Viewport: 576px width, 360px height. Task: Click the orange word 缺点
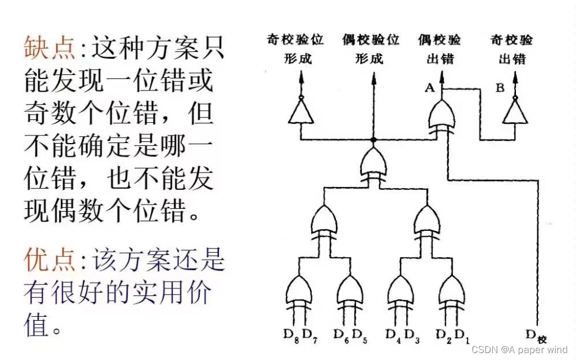coord(50,48)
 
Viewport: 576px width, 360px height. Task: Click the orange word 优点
coord(50,261)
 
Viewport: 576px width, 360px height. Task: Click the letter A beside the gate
coord(429,88)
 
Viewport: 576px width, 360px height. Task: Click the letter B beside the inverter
coord(500,88)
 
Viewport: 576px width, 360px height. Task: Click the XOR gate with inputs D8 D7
coord(300,291)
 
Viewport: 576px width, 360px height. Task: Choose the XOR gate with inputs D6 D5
coord(350,291)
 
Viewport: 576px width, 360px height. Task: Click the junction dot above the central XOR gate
coord(373,140)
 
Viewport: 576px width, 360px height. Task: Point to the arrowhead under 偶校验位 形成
coord(373,79)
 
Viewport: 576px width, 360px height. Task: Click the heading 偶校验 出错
coord(439,48)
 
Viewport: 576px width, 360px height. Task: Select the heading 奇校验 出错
coord(511,48)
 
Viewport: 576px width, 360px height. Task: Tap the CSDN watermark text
coord(519,350)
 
